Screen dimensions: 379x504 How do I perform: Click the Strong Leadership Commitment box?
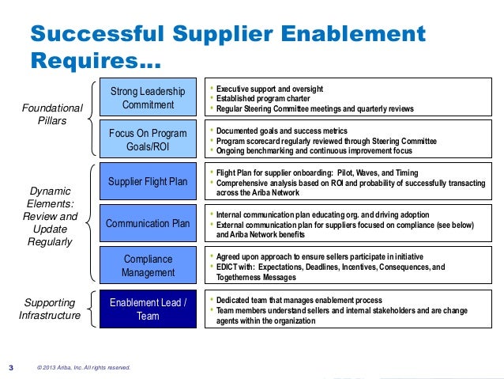pos(148,99)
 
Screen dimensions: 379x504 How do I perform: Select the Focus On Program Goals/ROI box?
pos(148,140)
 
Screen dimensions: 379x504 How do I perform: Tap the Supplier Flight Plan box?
pos(148,182)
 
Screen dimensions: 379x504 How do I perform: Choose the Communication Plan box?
pos(148,223)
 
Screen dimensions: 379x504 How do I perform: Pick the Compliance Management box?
pos(148,266)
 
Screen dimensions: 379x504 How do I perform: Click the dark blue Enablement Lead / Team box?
pos(148,309)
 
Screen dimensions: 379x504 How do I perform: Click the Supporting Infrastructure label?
pos(50,309)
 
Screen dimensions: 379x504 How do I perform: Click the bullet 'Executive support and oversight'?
pos(269,88)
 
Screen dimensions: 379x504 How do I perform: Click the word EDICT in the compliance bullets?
pos(229,267)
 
